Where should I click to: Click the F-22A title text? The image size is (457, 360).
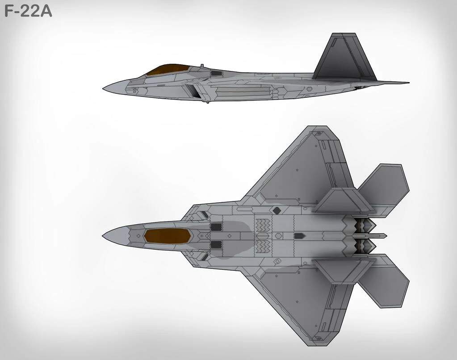coord(28,10)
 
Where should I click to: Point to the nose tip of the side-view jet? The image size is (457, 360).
coord(104,88)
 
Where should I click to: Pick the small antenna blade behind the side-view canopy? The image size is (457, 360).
coord(201,67)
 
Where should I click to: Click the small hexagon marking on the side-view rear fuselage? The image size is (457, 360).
coord(309,88)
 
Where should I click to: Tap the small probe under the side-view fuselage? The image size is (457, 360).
coord(207,102)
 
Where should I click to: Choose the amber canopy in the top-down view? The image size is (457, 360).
coord(167,235)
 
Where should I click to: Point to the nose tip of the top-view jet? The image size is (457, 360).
coord(104,235)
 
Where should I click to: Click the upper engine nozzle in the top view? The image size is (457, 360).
coord(364,224)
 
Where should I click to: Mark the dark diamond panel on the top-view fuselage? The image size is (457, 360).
coord(277,210)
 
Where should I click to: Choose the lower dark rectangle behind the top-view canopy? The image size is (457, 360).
coord(216,244)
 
